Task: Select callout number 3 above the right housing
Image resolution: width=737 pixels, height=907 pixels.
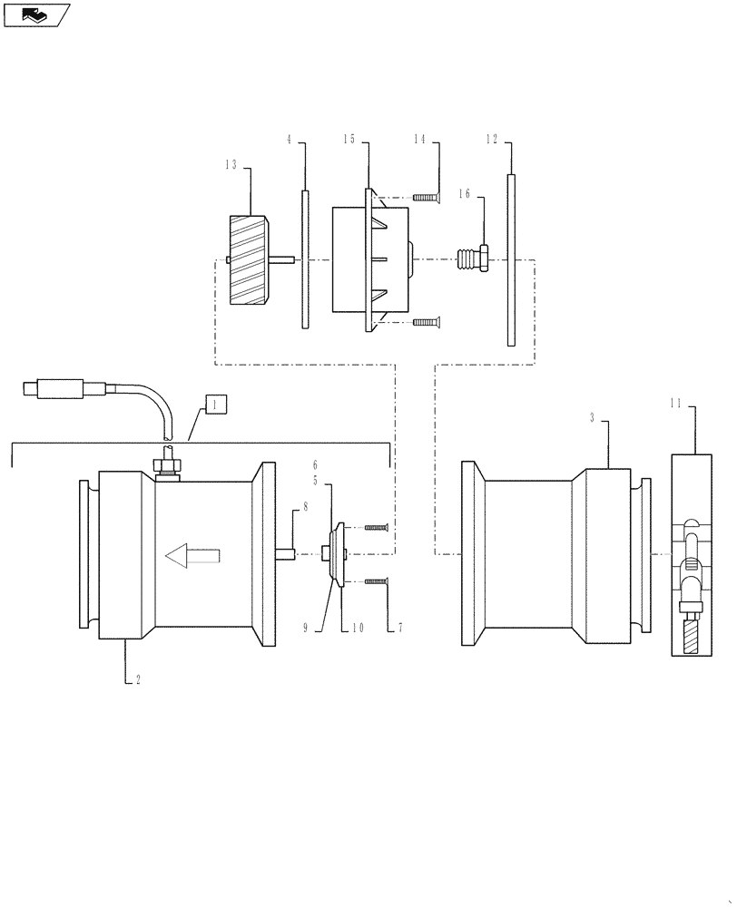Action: coord(592,418)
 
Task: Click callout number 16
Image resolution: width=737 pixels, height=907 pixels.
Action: coord(464,193)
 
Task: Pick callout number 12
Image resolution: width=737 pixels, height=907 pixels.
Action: coord(492,139)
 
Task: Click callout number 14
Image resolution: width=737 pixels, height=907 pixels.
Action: coord(419,139)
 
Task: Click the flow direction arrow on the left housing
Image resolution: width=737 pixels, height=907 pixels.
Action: coord(192,554)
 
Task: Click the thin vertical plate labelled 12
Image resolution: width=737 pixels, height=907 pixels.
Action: coord(511,260)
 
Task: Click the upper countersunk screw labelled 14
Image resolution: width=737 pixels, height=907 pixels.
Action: coord(425,198)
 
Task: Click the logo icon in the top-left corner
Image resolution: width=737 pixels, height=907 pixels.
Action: coord(35,14)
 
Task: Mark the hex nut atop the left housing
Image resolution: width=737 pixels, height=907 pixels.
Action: coord(166,466)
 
